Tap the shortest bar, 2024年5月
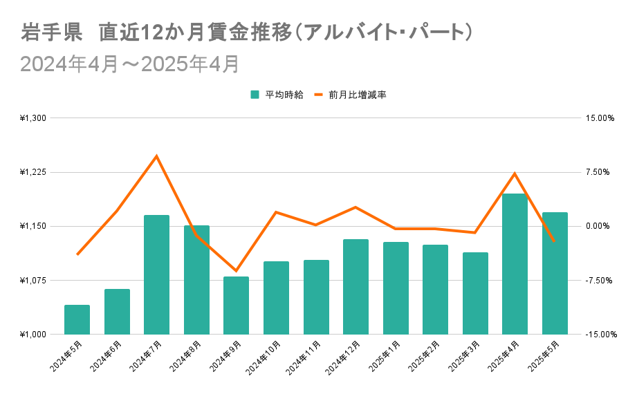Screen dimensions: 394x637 [77, 319]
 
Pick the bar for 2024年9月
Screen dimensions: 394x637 [236, 305]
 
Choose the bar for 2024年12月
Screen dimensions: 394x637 [356, 286]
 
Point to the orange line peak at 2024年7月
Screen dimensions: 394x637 [156, 156]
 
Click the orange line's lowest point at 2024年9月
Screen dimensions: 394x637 [236, 271]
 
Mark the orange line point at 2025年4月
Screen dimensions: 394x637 [515, 173]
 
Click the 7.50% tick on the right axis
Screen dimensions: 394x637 [601, 172]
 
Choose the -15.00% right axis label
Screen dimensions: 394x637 [599, 335]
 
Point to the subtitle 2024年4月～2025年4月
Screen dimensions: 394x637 [129, 64]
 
